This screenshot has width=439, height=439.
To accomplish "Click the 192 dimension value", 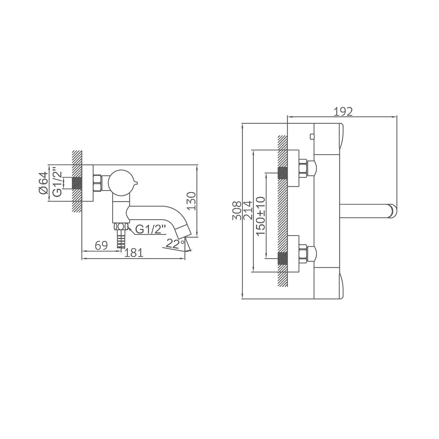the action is pos(343,112).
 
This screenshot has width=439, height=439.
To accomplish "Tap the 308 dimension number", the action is pos(237,211).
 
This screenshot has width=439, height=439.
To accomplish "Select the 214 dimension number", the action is pos(248,210).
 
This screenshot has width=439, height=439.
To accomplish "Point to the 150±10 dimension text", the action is pos(261,216).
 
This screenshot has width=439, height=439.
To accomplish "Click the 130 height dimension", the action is pos(191,201).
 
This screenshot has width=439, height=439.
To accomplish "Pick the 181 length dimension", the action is pos(134,253).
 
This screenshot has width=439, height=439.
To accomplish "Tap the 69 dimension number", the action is pos(101,246).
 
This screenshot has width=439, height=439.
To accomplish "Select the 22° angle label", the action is pos(175,243).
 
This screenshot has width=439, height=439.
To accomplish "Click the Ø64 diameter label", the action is pos(44,183).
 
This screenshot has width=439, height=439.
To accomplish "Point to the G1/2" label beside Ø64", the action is pos(57,182).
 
